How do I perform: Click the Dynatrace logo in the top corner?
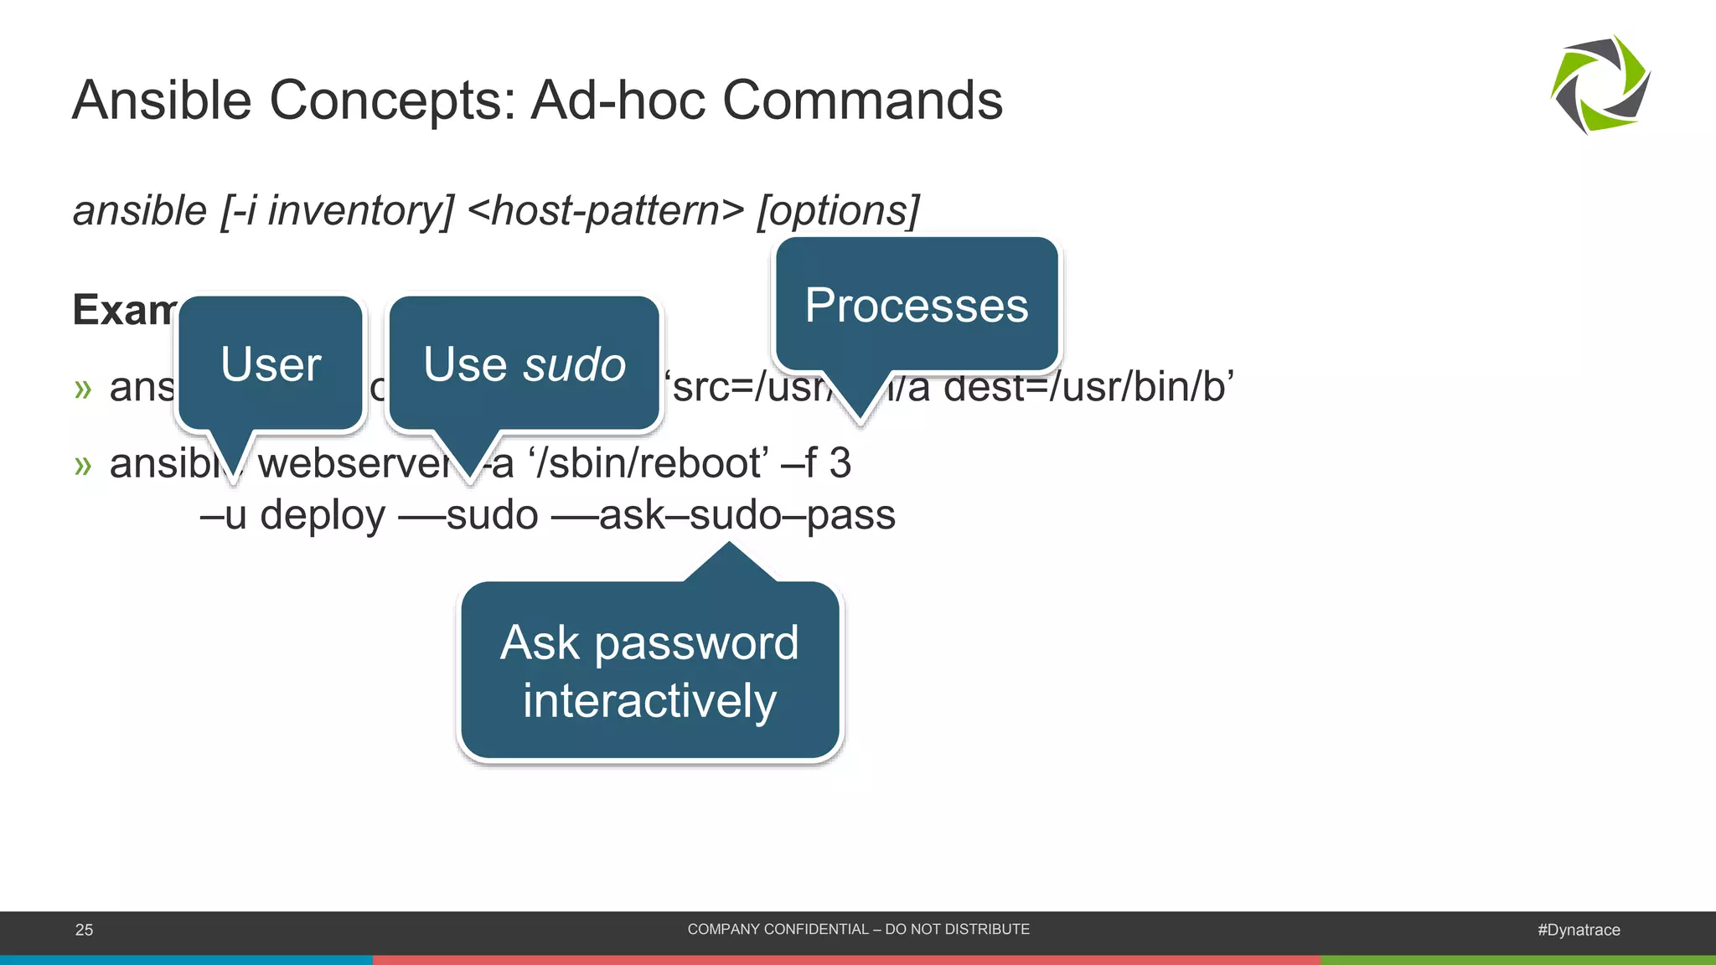click(1600, 85)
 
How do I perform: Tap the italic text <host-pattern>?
click(606, 210)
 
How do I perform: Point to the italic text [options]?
click(838, 210)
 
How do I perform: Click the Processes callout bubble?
click(917, 305)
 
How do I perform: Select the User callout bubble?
click(271, 364)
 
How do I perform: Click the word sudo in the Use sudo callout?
click(575, 364)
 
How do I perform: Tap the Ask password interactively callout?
click(649, 671)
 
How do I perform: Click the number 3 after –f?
click(840, 463)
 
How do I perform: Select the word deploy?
click(322, 515)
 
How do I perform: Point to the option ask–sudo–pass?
click(747, 515)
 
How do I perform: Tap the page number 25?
click(84, 930)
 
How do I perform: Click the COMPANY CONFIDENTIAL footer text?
click(858, 929)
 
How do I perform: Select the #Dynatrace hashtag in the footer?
click(1578, 930)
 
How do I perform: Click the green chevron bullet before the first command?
click(82, 389)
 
